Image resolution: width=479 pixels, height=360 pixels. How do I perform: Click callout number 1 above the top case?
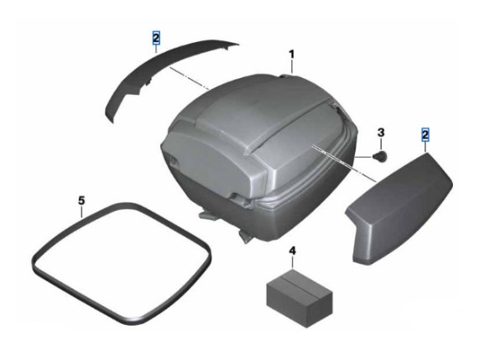[292, 55]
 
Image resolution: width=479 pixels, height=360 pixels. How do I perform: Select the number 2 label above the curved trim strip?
[156, 39]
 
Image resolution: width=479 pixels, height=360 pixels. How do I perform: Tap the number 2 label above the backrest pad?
[425, 135]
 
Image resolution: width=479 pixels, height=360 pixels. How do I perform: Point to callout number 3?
[381, 133]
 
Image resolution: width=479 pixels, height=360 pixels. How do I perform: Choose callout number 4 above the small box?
[292, 251]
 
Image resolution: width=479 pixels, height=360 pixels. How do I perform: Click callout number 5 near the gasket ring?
[81, 201]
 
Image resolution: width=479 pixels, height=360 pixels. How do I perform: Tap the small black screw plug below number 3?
[380, 155]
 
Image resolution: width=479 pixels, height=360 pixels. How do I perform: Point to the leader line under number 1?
[292, 67]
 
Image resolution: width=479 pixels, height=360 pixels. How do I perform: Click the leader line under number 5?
[81, 211]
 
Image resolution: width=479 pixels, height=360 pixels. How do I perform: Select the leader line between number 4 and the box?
[293, 263]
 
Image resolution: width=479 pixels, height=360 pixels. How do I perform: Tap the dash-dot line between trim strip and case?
[190, 79]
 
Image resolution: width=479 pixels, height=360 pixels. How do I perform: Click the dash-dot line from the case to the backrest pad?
[345, 164]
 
